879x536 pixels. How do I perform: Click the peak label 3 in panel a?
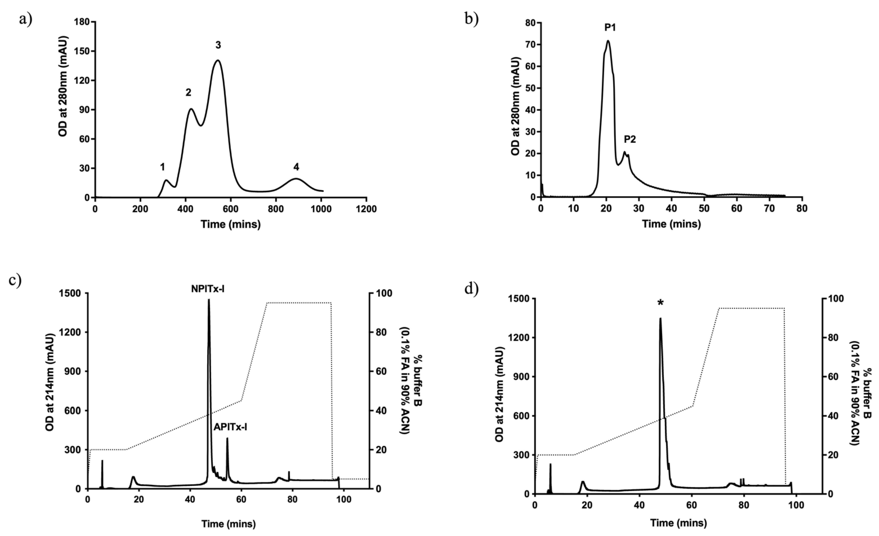(x=218, y=45)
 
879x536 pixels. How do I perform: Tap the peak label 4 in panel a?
(x=296, y=167)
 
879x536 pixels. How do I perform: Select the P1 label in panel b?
(x=610, y=27)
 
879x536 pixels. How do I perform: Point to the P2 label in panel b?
(x=630, y=139)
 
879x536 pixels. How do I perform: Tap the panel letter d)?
(x=471, y=288)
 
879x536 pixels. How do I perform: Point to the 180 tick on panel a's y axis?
(x=82, y=22)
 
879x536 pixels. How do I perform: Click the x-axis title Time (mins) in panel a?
(x=230, y=224)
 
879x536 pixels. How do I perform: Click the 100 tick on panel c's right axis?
(x=382, y=293)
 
